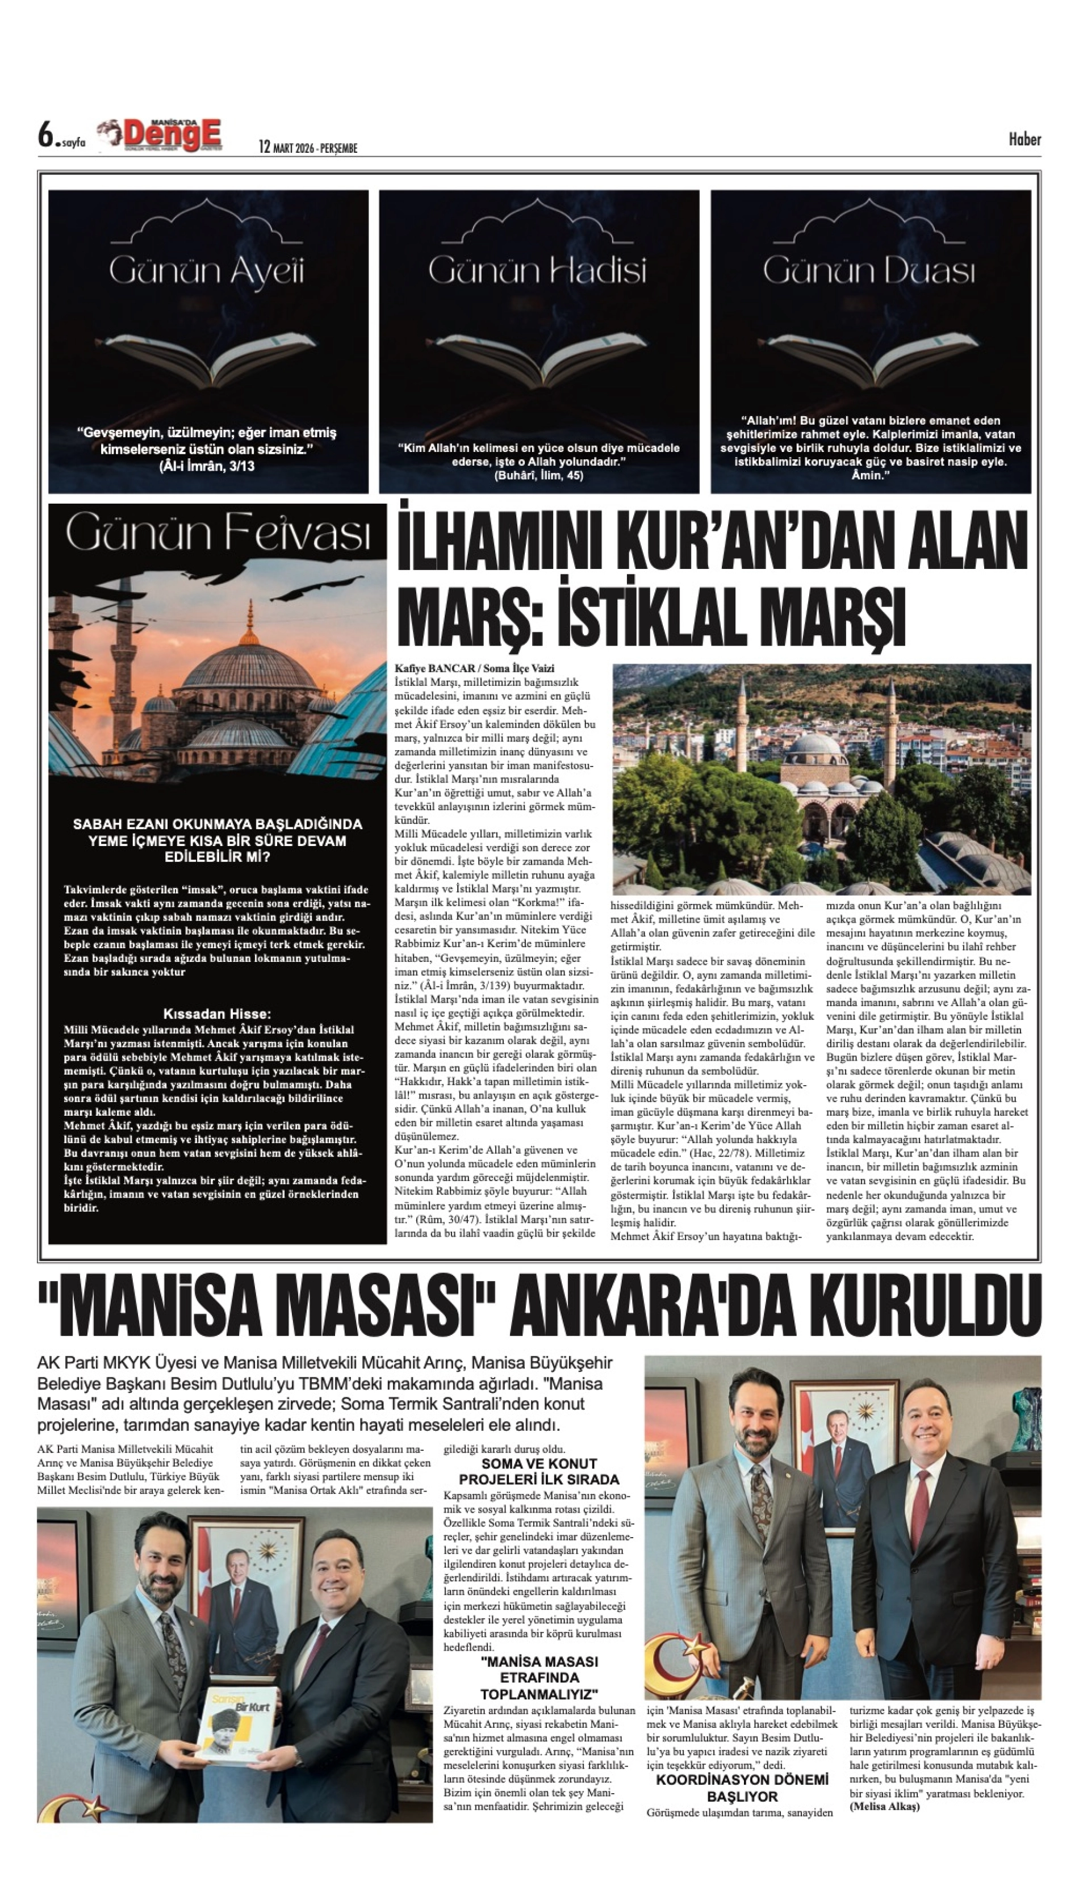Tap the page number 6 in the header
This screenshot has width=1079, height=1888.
click(48, 136)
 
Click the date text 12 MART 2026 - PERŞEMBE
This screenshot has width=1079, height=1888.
click(308, 148)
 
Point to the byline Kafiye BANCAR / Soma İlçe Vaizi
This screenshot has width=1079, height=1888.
click(475, 668)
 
